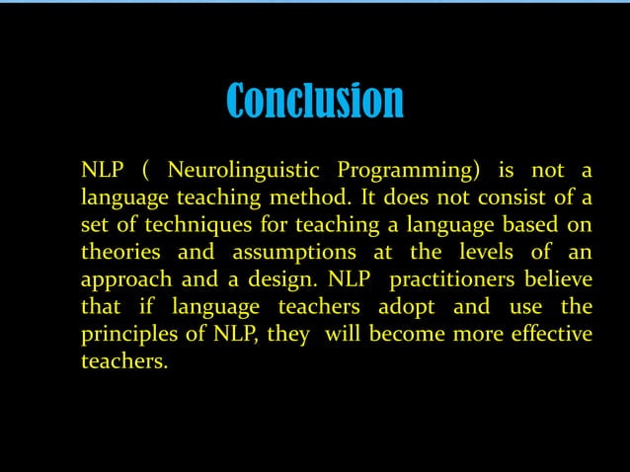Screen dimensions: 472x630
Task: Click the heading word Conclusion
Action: pos(314,101)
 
